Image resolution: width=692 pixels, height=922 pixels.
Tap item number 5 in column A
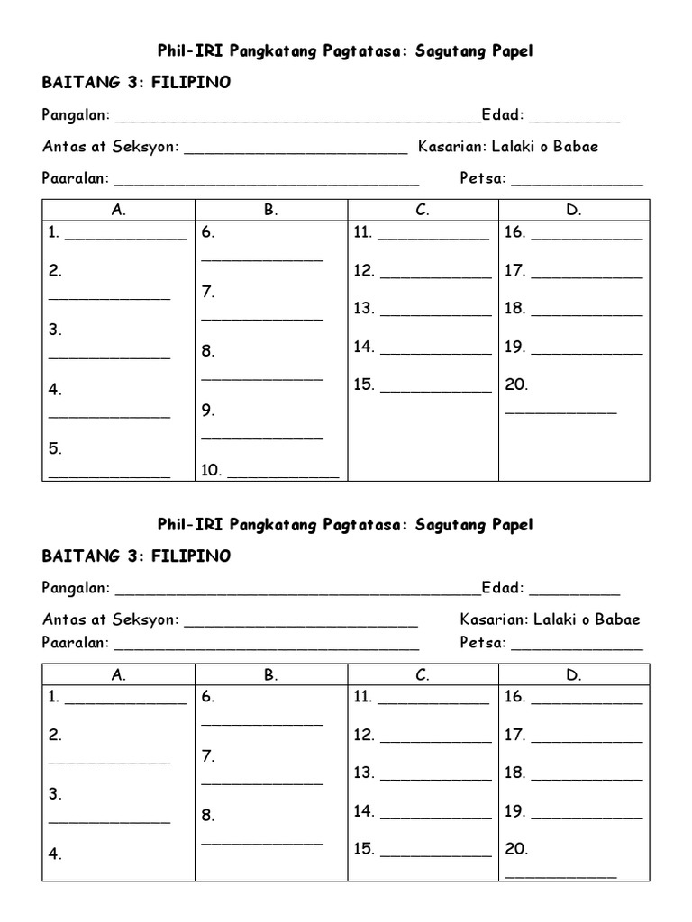(55, 448)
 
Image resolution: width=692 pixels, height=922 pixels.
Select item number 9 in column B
(207, 411)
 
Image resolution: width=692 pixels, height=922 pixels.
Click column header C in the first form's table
(422, 211)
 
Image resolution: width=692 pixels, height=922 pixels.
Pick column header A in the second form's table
(118, 675)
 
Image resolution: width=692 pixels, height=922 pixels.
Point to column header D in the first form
(573, 211)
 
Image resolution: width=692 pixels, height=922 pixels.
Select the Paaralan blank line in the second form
(266, 647)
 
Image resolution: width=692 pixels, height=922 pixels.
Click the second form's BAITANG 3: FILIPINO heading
(136, 556)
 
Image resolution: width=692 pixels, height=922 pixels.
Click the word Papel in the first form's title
(512, 51)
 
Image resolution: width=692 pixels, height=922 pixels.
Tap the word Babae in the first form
(578, 147)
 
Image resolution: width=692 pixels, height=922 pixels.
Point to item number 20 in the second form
(516, 849)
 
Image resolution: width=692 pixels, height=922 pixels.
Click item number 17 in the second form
(514, 735)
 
